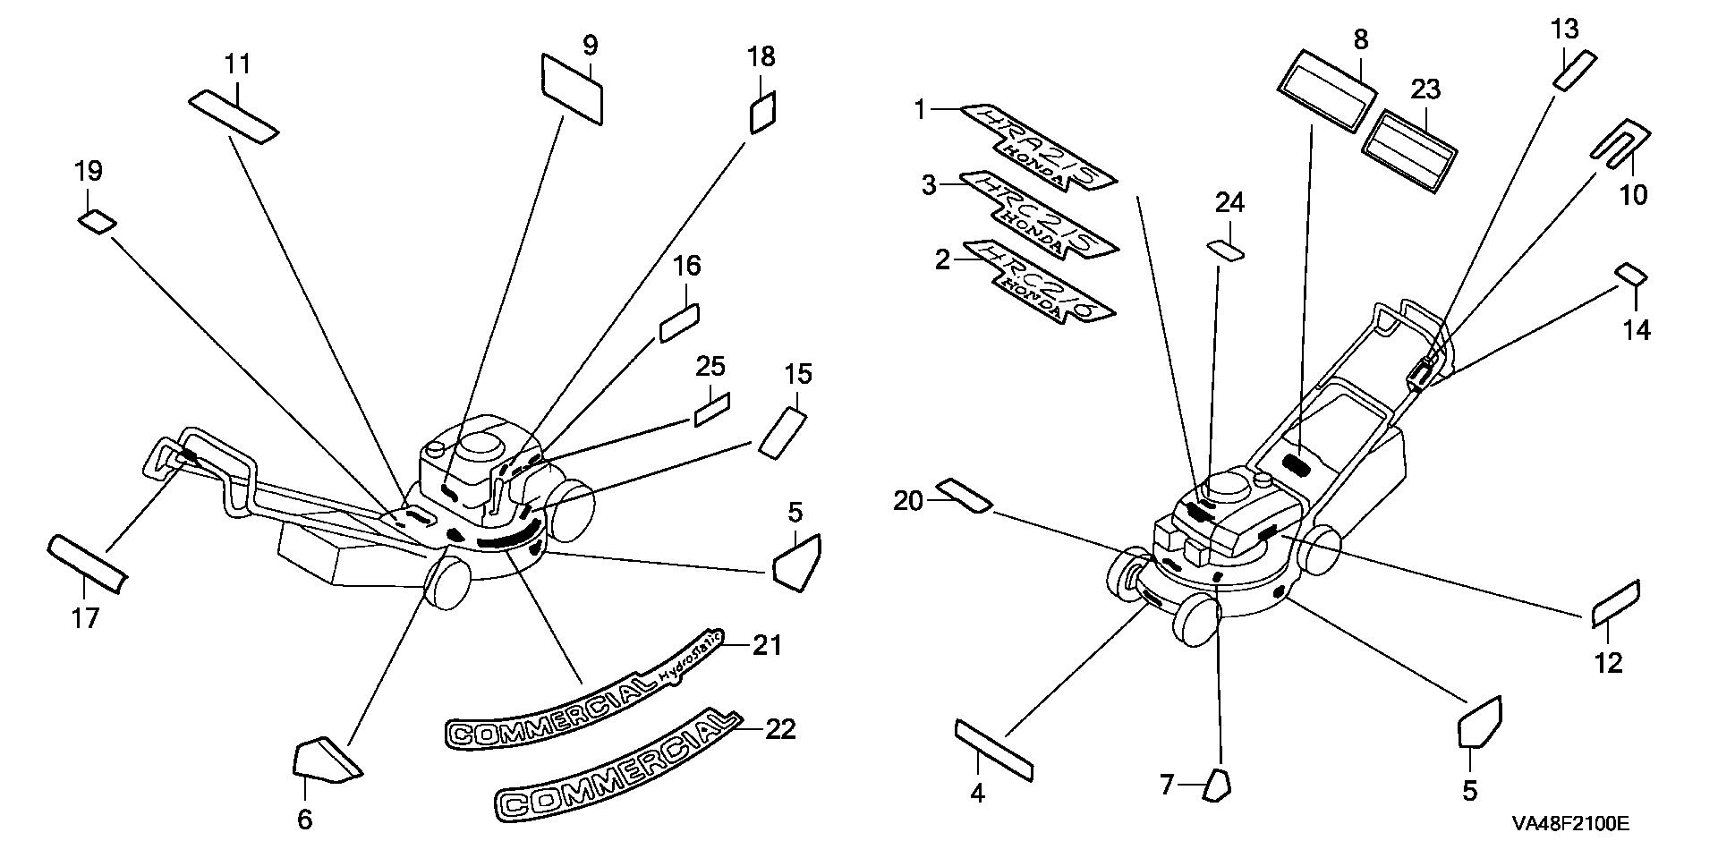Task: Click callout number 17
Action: (86, 617)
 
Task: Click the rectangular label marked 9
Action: (572, 87)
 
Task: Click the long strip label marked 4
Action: (994, 749)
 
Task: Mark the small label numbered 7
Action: (1217, 785)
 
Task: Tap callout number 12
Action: (1608, 663)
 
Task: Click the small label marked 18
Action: (761, 112)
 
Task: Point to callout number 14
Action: (1637, 330)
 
